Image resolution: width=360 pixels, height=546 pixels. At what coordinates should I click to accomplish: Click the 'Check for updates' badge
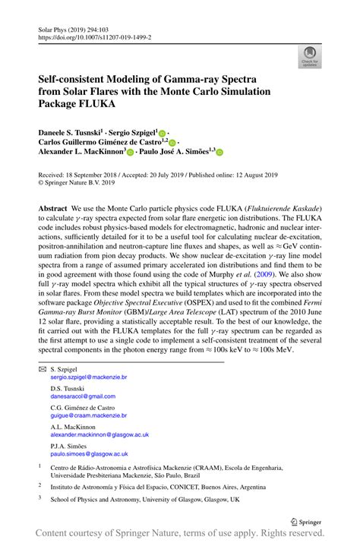tap(309, 55)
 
